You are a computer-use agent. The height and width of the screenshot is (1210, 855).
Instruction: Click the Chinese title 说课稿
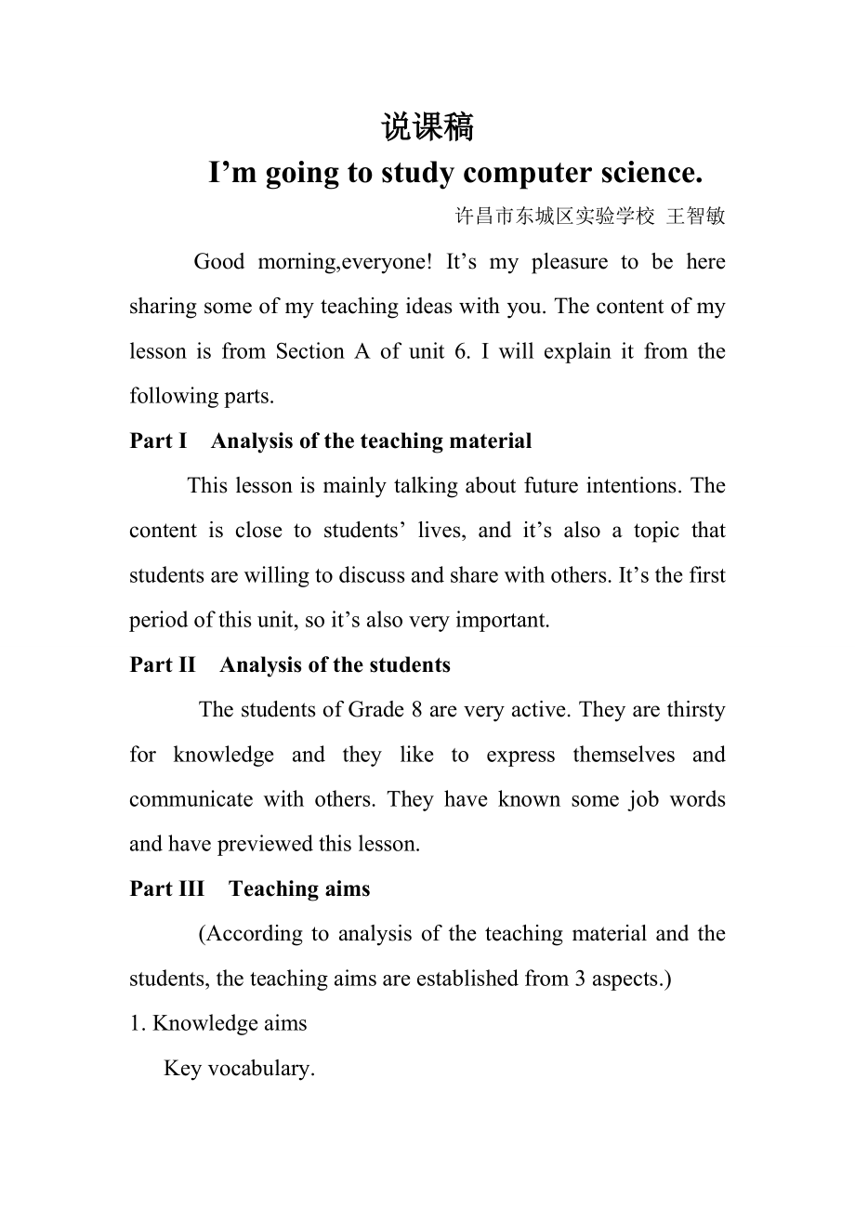(427, 127)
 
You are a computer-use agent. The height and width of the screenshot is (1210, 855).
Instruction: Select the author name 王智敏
(697, 217)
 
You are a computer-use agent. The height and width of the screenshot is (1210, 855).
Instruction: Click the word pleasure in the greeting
(568, 262)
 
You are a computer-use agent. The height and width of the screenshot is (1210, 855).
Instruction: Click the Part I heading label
(158, 441)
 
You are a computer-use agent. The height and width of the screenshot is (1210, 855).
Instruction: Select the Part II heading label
(163, 664)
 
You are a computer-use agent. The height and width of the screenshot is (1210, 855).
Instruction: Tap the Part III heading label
(166, 888)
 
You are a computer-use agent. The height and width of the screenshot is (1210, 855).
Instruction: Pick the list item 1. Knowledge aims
(218, 1023)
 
